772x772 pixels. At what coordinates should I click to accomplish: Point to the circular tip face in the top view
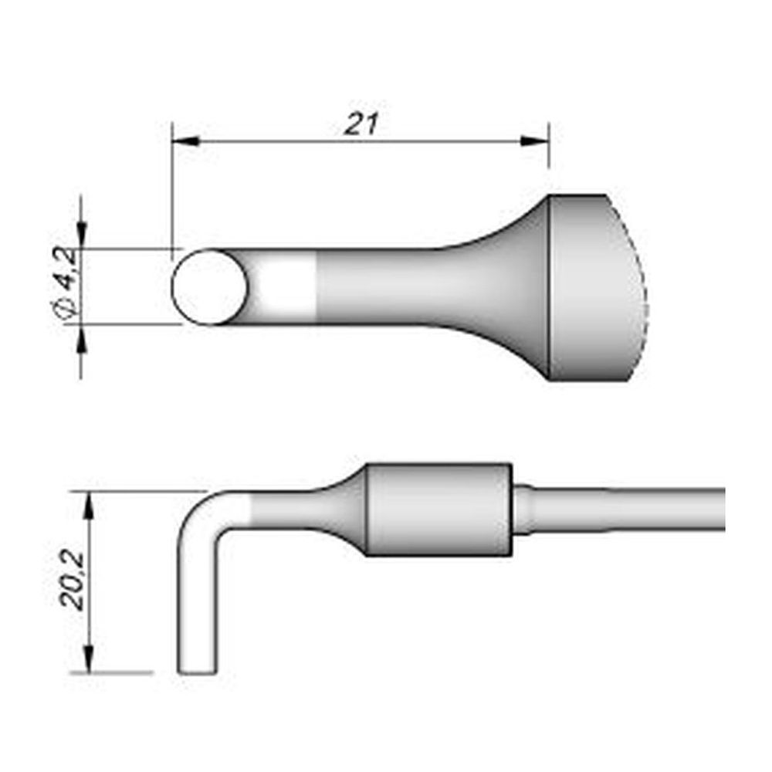click(208, 287)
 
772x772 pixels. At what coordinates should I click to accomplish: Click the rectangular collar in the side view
click(438, 510)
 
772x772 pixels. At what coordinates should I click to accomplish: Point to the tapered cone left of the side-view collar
click(340, 510)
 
